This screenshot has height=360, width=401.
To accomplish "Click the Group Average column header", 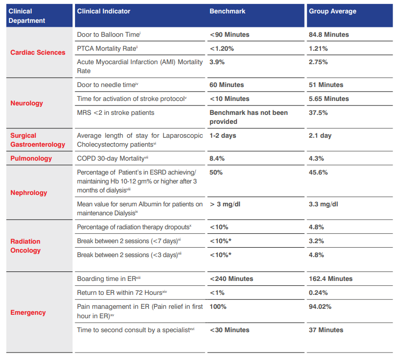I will pos(332,11).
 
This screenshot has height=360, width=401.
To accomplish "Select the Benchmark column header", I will pos(227,11).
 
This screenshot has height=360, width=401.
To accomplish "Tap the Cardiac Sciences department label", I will pos(38,52).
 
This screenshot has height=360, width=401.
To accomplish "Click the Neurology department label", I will pos(27,103).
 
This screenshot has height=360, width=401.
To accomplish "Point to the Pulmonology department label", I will pos(31,159).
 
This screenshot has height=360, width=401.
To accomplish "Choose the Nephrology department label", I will pos(29,192).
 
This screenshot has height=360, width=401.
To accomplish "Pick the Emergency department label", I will pos(28,313).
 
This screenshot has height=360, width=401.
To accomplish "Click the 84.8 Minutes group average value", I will pos(328,35).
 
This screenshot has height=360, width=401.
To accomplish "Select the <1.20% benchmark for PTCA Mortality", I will pos(222,49).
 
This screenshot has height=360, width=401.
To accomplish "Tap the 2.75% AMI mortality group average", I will pos(318,62).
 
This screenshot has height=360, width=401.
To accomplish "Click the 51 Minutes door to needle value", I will pos(326,85).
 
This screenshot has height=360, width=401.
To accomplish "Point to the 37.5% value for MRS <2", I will pos(318,113).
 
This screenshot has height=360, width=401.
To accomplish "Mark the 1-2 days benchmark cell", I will pos(223,136).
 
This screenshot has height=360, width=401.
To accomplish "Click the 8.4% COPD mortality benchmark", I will pos(217,159).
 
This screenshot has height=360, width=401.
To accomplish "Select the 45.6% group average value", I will pos(318,173).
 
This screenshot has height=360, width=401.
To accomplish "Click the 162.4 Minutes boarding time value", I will pos(330,279).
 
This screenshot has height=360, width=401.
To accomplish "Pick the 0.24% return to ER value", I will pos(318,293).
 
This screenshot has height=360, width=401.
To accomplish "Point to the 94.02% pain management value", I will pos(320,307).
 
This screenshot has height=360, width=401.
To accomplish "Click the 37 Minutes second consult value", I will pos(326,330).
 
